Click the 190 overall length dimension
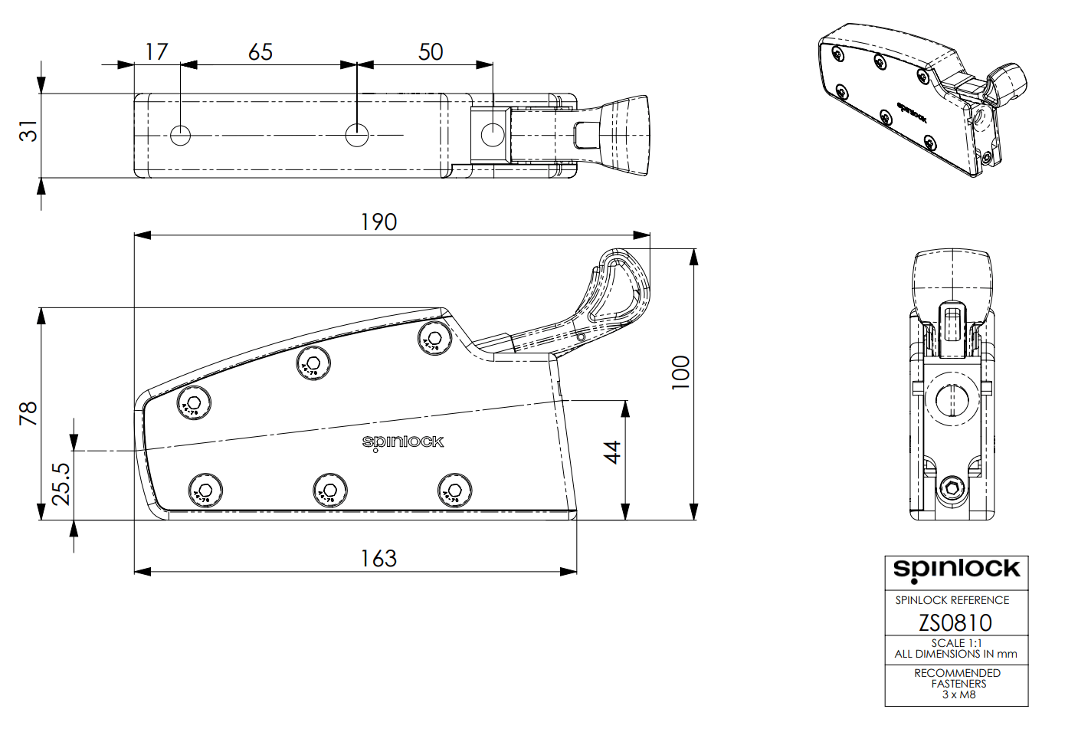tap(378, 222)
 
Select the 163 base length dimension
tap(378, 558)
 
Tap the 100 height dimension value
tap(680, 373)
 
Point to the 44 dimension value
tap(612, 452)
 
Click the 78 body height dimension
tap(28, 414)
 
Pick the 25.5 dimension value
tap(61, 483)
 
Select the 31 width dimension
tap(28, 131)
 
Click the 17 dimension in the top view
tap(156, 51)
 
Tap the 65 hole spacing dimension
tap(260, 51)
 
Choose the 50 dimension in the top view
tap(431, 51)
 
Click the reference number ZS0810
tap(955, 622)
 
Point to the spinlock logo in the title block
tap(956, 570)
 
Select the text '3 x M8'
tap(958, 694)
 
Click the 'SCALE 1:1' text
tap(956, 643)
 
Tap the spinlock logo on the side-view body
tap(403, 441)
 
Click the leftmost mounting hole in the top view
tap(180, 136)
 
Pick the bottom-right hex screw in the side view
tap(454, 490)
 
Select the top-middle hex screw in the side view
tap(313, 363)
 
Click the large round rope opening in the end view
tap(952, 399)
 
